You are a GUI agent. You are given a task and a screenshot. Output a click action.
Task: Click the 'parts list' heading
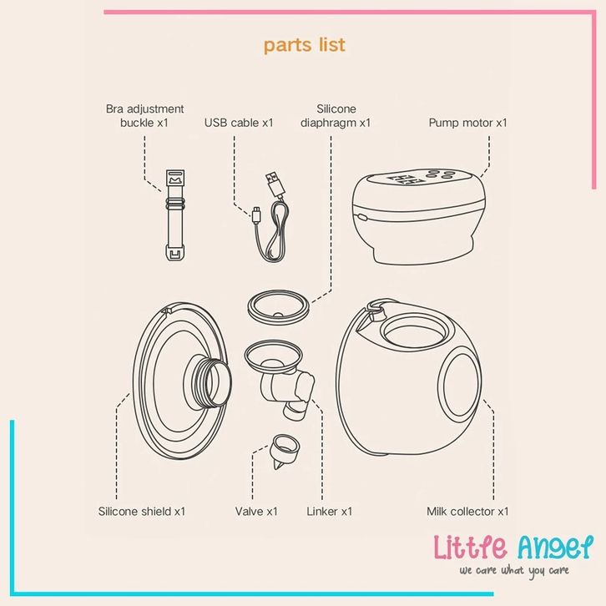[x=304, y=44]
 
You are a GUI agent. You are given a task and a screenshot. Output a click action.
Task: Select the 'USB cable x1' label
[x=239, y=123]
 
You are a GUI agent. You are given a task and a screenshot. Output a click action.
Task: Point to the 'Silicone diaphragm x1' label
[x=336, y=116]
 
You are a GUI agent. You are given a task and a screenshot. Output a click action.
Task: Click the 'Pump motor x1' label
[x=467, y=123]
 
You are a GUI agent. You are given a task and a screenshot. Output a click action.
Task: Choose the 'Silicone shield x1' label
[x=142, y=511]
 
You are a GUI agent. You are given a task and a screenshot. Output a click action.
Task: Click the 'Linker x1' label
[x=330, y=511]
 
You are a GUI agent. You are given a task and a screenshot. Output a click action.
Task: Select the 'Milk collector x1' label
[x=467, y=511]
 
